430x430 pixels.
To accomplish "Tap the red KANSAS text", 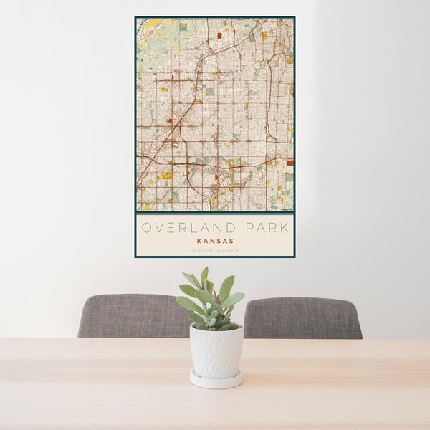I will (x=214, y=242).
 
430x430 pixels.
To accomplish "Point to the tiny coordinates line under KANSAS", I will (x=214, y=250).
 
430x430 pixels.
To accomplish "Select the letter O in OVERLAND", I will (x=145, y=228).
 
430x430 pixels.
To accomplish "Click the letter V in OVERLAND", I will (x=158, y=228).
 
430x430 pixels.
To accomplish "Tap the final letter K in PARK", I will (x=285, y=228).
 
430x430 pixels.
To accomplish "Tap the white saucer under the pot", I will (x=216, y=379).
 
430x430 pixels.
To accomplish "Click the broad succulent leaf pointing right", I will (x=234, y=299).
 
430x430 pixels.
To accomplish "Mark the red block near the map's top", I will (x=219, y=34).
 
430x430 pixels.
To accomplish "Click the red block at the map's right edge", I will (x=290, y=163).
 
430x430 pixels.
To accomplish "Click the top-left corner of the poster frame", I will (x=135, y=17).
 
